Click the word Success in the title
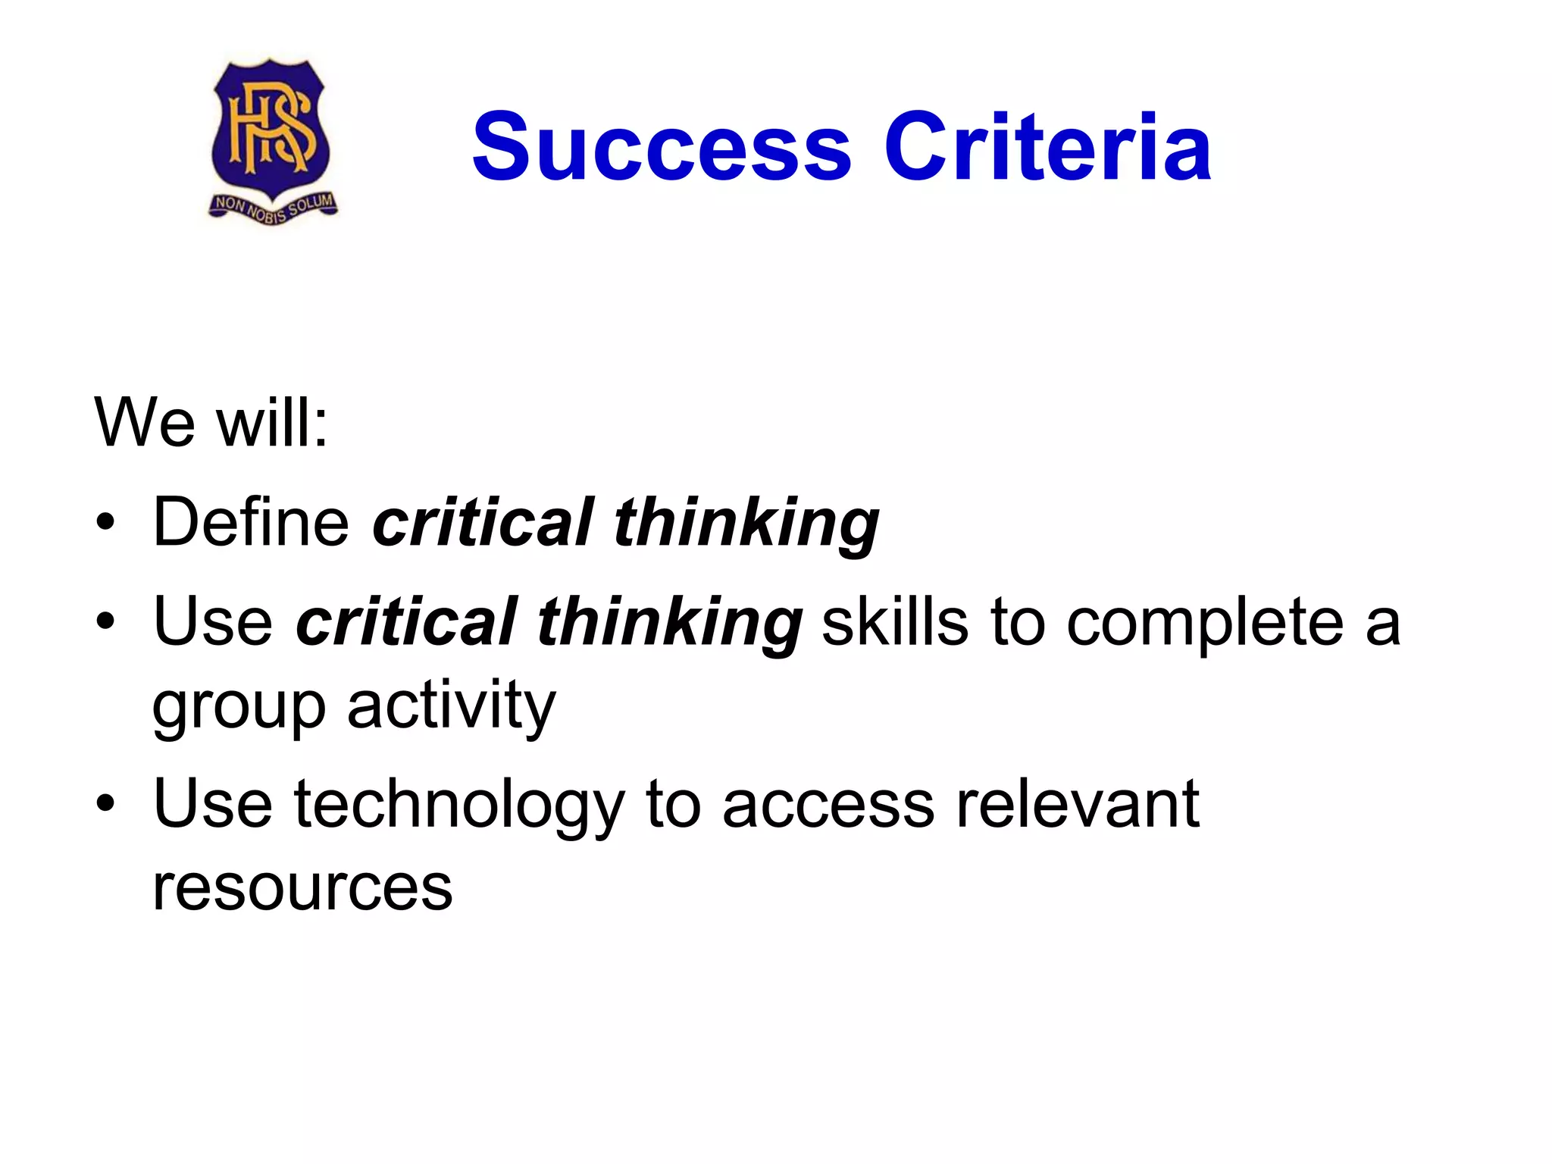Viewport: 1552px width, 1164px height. (662, 147)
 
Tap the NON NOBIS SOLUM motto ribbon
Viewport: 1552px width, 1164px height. (273, 208)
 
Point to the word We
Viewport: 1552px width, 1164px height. (145, 423)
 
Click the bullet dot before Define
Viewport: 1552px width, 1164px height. (105, 522)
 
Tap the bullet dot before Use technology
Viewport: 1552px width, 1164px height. (105, 803)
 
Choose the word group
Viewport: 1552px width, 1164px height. (239, 709)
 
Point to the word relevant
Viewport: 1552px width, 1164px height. (1078, 803)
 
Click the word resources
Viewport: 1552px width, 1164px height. (302, 888)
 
